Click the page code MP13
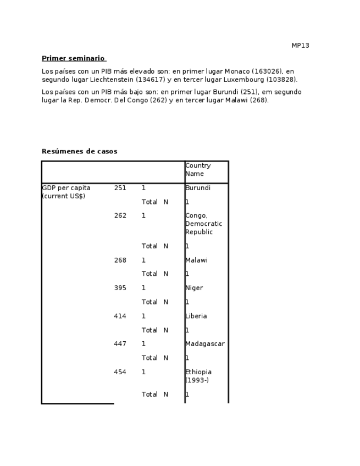(x=300, y=46)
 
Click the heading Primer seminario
(x=73, y=58)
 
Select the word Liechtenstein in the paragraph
(x=113, y=80)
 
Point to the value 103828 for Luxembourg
(x=280, y=80)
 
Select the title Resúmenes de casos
(x=79, y=151)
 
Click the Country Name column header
(x=198, y=169)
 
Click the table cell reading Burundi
(x=198, y=188)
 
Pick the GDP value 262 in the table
(x=120, y=216)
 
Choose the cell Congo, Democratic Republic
(x=203, y=224)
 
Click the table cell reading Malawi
(x=196, y=260)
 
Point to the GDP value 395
(x=120, y=288)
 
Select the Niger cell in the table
(x=194, y=288)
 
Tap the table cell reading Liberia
(x=196, y=317)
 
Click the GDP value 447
(x=120, y=344)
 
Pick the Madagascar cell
(x=204, y=344)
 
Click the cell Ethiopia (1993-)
(x=198, y=376)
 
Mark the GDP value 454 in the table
(x=120, y=372)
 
